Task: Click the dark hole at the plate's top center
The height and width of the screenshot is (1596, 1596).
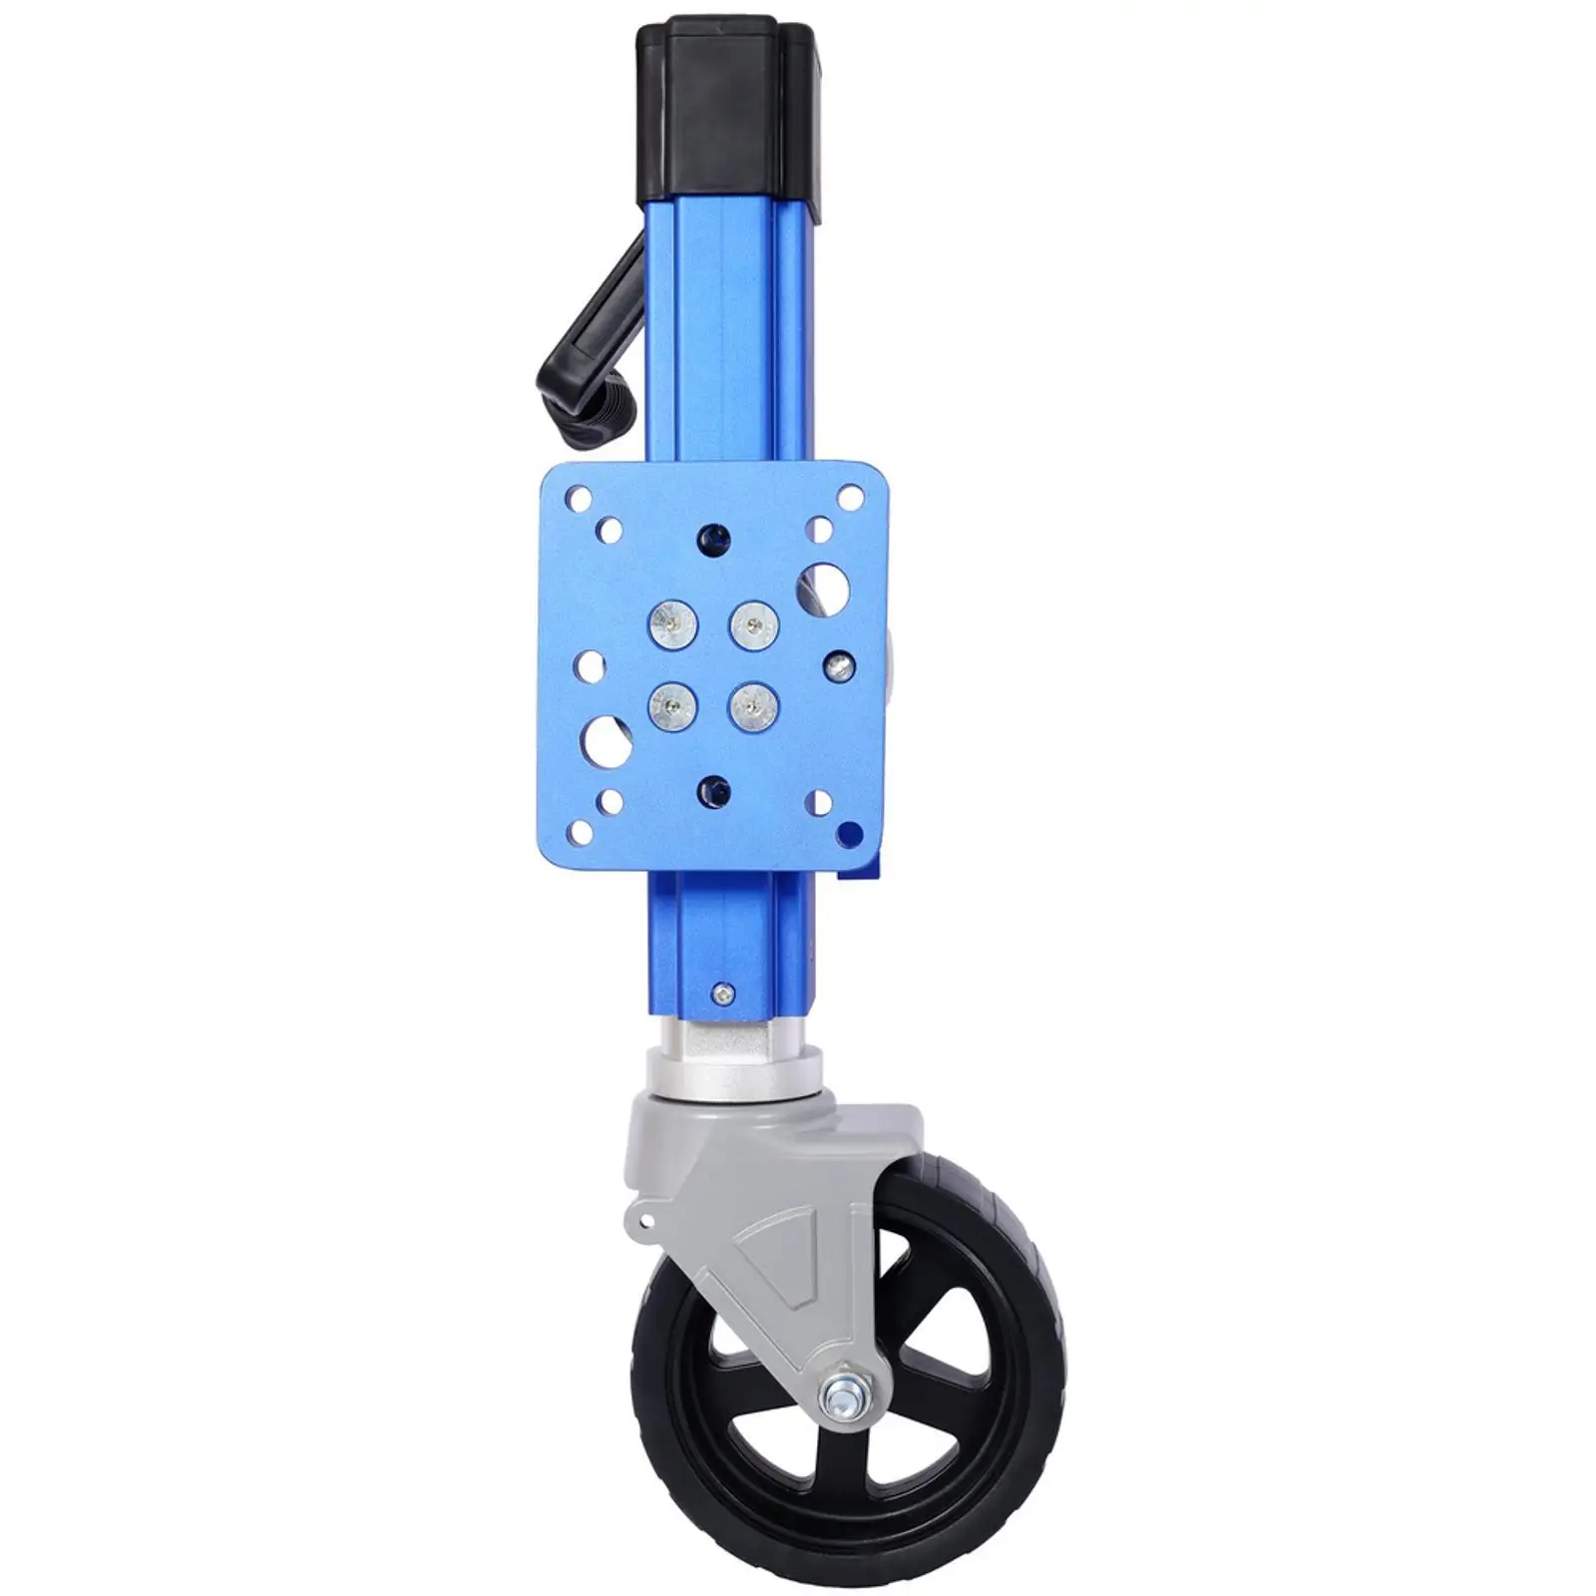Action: pos(714,539)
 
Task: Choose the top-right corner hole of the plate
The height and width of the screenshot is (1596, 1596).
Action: pos(851,495)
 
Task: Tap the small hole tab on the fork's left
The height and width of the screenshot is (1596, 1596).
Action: pos(638,1218)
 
